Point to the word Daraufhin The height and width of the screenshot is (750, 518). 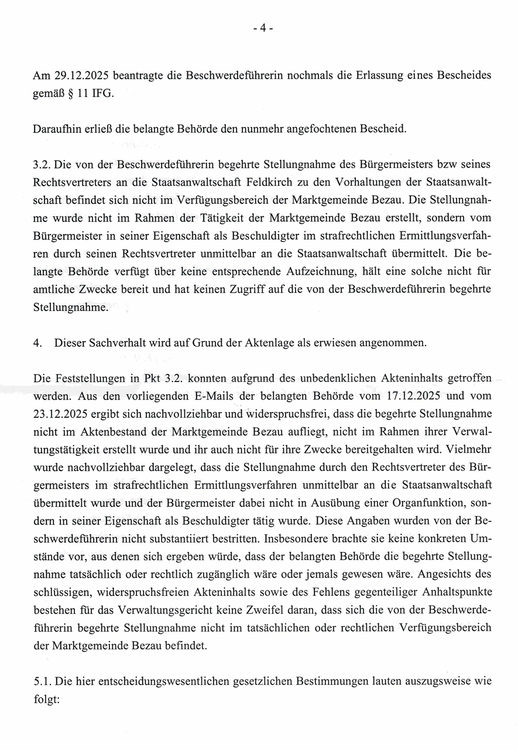coord(56,128)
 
